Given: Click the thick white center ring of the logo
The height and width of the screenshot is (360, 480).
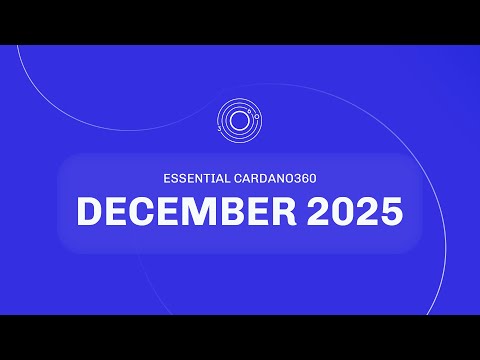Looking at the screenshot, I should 240,122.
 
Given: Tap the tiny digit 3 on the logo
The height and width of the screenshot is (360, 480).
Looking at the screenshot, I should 220,129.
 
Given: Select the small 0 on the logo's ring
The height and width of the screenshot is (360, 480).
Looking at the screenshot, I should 259,117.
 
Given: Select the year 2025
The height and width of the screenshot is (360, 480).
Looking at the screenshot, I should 357,211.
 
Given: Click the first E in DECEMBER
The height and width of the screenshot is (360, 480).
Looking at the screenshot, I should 118,211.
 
